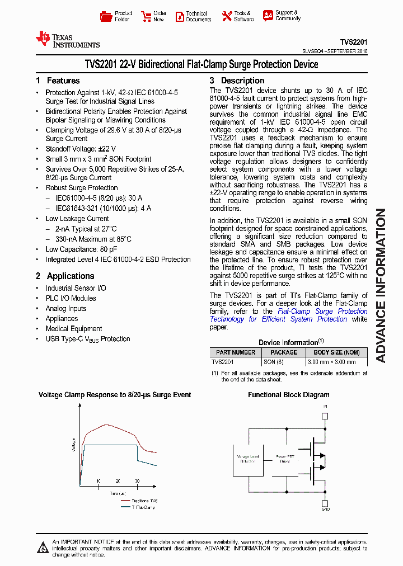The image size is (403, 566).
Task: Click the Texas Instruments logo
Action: coord(67,40)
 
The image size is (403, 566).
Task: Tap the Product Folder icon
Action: coord(105,16)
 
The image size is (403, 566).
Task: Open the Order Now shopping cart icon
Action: coord(146,16)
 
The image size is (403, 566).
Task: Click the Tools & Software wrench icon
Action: coord(227,16)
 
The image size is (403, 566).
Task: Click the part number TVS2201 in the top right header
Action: coord(354,42)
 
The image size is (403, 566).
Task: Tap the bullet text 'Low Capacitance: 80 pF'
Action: coord(81,249)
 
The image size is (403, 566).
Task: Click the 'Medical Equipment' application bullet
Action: coord(74,328)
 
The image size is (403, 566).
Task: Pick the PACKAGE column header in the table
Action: coord(284,352)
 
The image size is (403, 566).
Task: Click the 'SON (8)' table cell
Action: coord(274,362)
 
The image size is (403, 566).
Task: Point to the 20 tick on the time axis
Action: coord(118,481)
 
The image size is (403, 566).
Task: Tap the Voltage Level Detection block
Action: coord(249,459)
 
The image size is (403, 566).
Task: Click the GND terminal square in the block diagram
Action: coord(325,502)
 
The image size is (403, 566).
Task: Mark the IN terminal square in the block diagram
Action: coord(325,416)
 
